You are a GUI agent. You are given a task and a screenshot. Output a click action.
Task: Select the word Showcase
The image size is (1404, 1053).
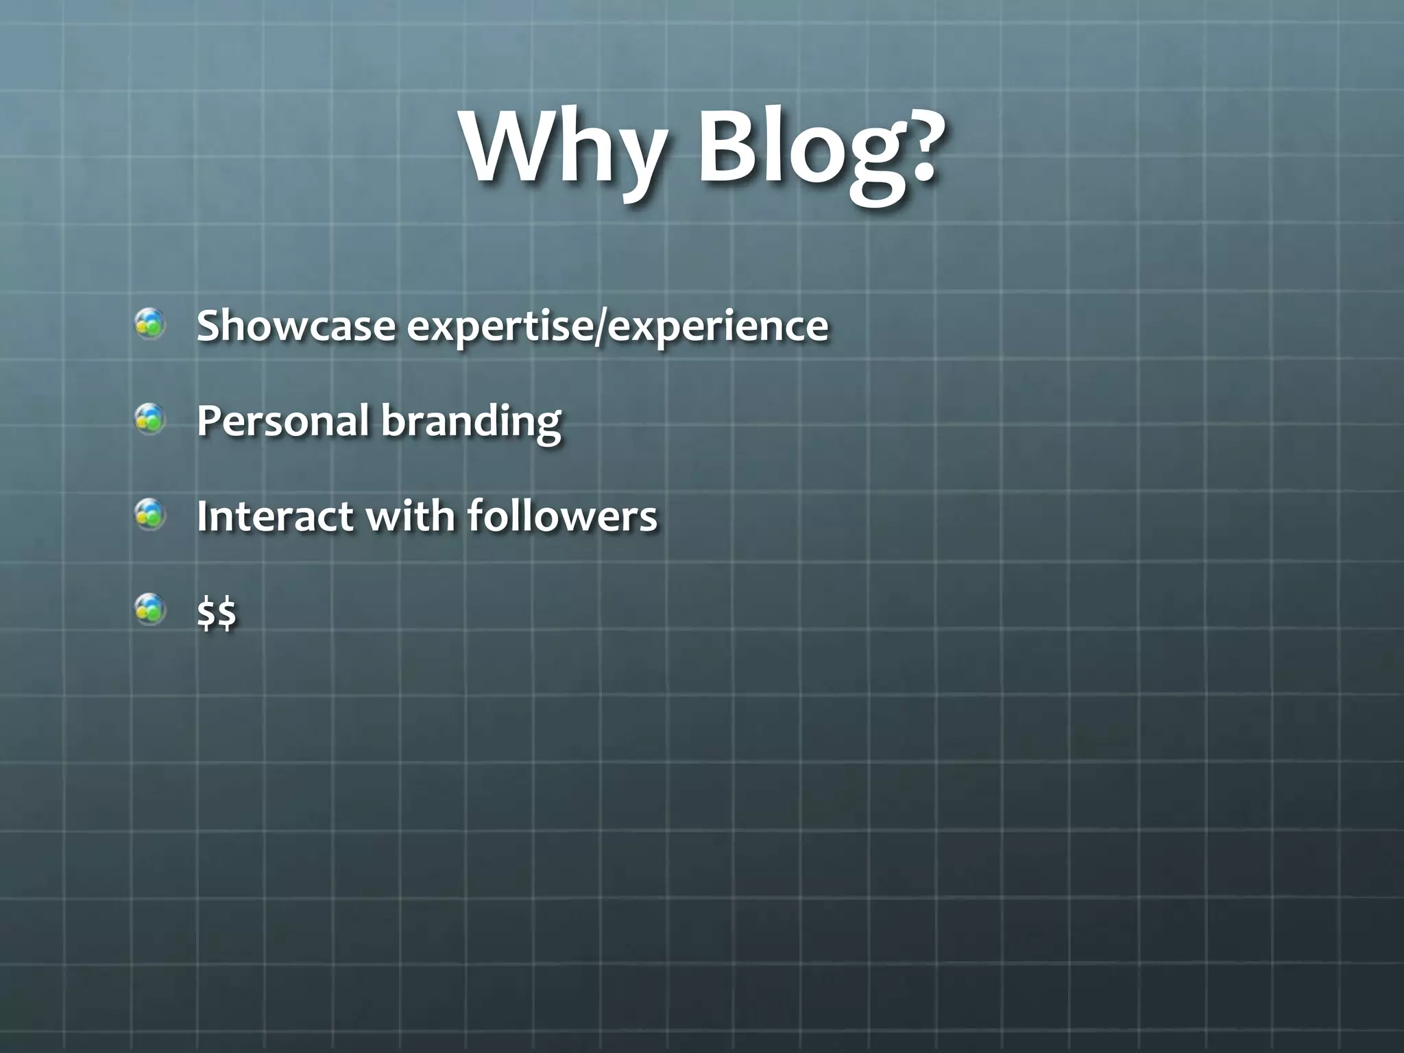(295, 325)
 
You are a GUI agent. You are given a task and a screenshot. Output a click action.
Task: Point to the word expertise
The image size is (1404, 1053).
(500, 328)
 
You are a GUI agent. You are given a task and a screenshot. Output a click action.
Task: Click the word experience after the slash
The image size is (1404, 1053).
(718, 328)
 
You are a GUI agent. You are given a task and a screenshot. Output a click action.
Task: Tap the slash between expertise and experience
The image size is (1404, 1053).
(601, 326)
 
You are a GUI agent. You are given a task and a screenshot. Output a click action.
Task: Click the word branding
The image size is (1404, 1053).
(471, 422)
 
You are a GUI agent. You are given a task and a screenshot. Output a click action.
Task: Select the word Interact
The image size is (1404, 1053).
(275, 516)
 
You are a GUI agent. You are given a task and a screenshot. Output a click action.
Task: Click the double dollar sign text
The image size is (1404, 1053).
(217, 612)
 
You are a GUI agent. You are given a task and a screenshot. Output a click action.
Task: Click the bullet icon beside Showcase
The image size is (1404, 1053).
(149, 324)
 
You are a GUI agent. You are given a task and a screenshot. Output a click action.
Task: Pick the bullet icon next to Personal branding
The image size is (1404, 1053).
(149, 419)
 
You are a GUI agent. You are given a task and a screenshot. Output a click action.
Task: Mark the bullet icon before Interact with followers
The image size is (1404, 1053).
(149, 514)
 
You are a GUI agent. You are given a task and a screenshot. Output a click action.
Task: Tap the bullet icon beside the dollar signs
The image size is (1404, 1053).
(149, 609)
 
